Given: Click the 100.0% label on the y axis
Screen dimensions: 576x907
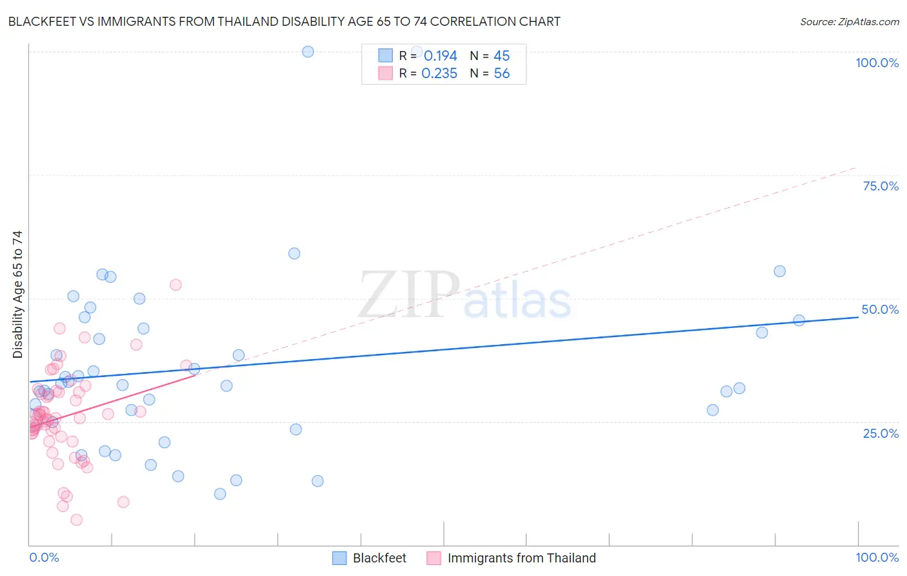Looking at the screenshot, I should pyautogui.click(x=877, y=63).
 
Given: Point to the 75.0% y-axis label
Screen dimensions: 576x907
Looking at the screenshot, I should pyautogui.click(x=881, y=186).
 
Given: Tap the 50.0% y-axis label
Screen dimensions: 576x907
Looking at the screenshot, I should pyautogui.click(x=880, y=309).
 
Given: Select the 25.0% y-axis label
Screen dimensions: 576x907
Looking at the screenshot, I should pyautogui.click(x=881, y=433).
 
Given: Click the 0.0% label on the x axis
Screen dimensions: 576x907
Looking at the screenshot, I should pyautogui.click(x=44, y=557).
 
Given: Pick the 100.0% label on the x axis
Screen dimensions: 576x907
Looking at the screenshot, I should pyautogui.click(x=877, y=557).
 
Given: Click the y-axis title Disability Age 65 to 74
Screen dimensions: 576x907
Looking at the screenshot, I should pyautogui.click(x=17, y=294).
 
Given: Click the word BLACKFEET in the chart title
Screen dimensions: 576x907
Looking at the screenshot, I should pyautogui.click(x=40, y=21).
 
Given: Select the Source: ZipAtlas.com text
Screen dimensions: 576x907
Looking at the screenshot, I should pyautogui.click(x=849, y=21).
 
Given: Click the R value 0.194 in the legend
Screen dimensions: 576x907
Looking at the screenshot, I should pyautogui.click(x=440, y=56).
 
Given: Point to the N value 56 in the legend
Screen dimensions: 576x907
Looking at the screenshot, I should pyautogui.click(x=501, y=74).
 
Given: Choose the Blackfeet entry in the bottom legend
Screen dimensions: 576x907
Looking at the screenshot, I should pyautogui.click(x=379, y=558).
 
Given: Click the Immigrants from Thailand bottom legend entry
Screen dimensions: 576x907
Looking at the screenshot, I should pyautogui.click(x=521, y=558).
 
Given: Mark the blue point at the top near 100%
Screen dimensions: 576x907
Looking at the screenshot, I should pyautogui.click(x=308, y=52).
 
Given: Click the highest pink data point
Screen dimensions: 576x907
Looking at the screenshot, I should pyautogui.click(x=175, y=285).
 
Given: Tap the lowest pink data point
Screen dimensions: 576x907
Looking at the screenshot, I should pyautogui.click(x=76, y=520).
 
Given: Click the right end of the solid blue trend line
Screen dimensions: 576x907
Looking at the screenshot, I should pyautogui.click(x=858, y=317).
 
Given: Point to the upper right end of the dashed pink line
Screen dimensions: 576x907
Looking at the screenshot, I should pyautogui.click(x=855, y=168).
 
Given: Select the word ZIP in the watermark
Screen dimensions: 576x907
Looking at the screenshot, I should pyautogui.click(x=409, y=295).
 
